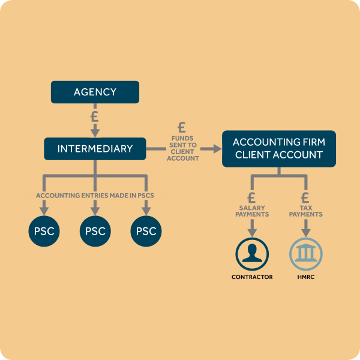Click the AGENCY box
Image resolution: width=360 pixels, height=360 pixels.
point(95,92)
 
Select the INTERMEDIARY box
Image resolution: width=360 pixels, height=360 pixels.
point(95,149)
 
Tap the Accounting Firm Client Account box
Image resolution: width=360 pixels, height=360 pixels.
point(279,149)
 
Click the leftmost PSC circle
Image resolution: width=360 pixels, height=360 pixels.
point(44,231)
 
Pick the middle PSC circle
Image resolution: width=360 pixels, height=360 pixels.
point(95,231)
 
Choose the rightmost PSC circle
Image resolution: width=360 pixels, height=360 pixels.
point(146,231)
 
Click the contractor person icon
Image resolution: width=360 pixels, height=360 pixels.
point(252,254)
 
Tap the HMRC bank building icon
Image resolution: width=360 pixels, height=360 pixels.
point(306,254)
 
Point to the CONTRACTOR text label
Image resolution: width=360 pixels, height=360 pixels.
point(252,277)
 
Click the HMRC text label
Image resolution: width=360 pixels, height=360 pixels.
point(306,277)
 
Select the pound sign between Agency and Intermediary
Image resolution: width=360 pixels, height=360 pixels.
point(95,116)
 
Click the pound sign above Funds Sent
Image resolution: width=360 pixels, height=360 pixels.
point(182,127)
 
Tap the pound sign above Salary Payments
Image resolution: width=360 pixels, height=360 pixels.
point(251,197)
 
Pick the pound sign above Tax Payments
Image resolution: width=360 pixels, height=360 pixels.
point(305,197)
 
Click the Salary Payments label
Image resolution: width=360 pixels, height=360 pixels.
point(252,211)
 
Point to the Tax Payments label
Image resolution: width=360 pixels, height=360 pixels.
point(306,211)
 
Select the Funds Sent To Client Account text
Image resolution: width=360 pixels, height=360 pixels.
point(183,148)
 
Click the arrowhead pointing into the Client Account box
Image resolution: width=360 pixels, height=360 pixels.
point(217,149)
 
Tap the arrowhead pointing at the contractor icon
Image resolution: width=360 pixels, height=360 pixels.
point(252,233)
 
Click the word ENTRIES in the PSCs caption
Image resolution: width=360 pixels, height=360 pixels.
point(95,196)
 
